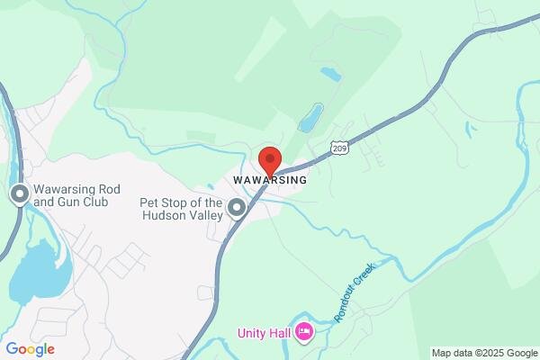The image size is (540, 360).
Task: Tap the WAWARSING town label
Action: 270,180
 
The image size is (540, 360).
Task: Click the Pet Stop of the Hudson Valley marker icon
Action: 237,210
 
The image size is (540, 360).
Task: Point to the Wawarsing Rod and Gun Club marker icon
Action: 19,195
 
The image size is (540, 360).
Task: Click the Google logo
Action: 30,349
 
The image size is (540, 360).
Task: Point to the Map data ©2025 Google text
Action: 483,353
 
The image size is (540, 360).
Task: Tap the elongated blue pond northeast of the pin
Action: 310,117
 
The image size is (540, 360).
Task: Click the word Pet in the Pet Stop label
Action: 149,202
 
